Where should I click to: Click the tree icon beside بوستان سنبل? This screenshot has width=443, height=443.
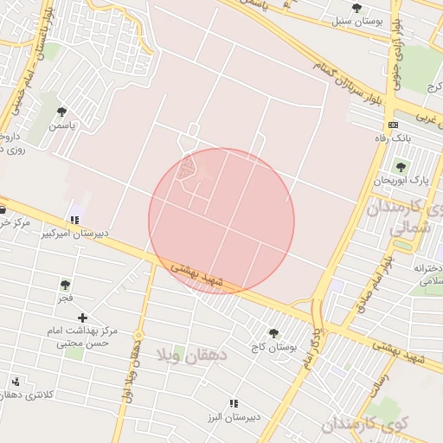356,8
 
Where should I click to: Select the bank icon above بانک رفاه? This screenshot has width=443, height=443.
395,125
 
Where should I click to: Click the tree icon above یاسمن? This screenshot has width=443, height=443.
61,112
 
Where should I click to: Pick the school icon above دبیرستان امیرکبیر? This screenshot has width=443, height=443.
74,220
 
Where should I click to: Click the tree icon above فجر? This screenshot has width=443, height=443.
65,284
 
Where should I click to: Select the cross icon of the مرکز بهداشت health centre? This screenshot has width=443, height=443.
83,318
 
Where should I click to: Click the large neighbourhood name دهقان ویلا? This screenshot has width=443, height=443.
192,354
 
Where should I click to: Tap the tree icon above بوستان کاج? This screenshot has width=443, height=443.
273,333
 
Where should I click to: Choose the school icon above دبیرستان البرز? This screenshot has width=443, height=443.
233,403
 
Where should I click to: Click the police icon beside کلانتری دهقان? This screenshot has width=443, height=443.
16,382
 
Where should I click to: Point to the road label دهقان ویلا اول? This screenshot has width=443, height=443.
134,368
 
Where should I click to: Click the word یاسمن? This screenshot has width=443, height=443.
61,126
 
